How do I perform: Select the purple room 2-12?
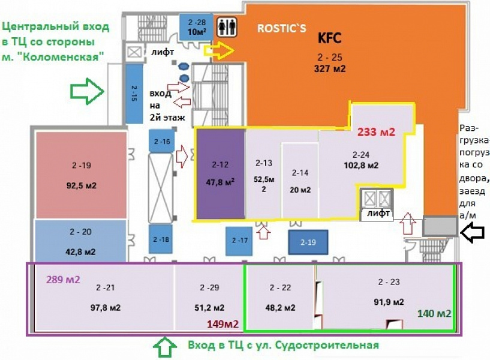220,173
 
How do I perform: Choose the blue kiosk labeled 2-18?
161,239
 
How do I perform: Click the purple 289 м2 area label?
63,278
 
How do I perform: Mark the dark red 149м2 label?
223,325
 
